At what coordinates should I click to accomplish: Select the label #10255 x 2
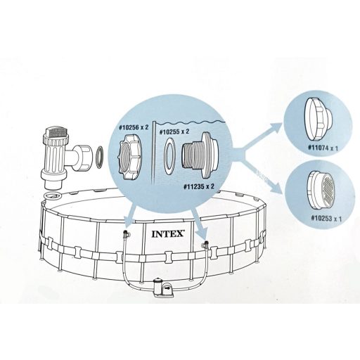click(175, 131)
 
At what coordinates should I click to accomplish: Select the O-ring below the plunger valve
click(51, 193)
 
